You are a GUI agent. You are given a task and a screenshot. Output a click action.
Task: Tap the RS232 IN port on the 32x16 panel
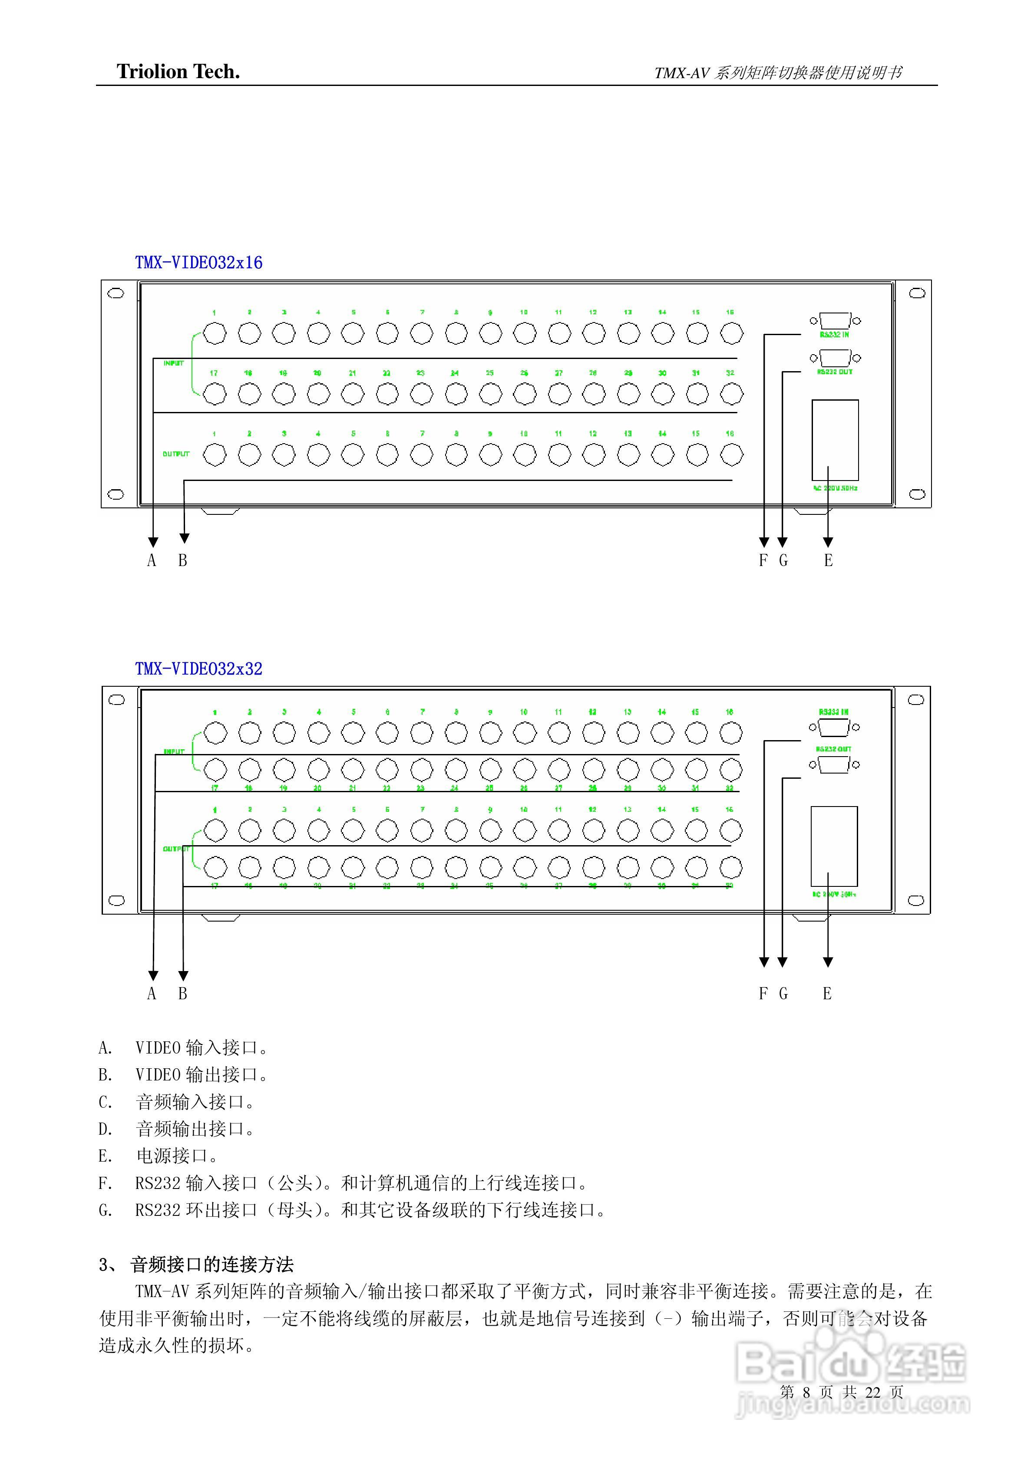click(835, 321)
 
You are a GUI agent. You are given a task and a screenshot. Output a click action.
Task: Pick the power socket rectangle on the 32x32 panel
click(834, 846)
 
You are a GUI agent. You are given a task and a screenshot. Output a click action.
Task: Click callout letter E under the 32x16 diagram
click(828, 560)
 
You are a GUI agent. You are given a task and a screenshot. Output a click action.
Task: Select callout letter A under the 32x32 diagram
click(152, 993)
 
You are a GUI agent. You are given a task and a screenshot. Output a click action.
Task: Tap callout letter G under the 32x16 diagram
click(783, 560)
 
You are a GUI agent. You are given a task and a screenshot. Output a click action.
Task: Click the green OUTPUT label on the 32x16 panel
click(176, 454)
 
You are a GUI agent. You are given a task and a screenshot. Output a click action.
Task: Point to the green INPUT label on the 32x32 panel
click(174, 751)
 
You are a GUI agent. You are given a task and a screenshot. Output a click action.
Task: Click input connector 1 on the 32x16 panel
click(215, 333)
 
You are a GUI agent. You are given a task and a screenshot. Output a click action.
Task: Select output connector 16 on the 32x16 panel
click(731, 454)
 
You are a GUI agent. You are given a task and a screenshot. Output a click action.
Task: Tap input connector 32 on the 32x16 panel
click(731, 394)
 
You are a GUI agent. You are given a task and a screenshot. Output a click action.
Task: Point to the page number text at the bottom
click(841, 1393)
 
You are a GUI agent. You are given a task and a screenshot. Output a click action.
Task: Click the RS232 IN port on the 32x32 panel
click(834, 727)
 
